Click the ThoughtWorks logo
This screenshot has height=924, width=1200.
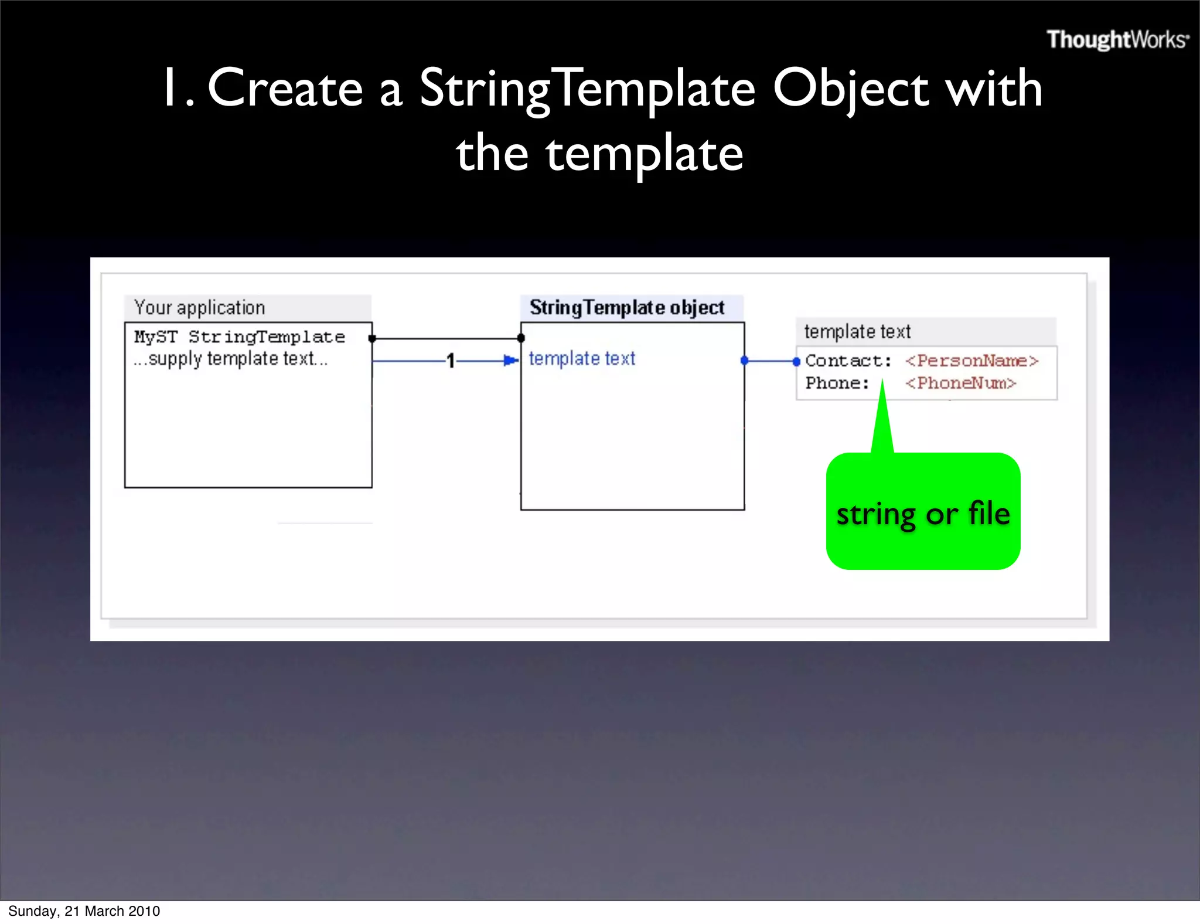(1117, 40)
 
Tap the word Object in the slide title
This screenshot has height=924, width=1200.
(850, 89)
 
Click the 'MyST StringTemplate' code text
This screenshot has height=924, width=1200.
(239, 337)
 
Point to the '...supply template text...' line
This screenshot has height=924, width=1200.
(230, 359)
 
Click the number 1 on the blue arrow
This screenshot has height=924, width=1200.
(450, 361)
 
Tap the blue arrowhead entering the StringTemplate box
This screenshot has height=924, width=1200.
(512, 360)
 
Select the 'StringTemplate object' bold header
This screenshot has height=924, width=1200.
(627, 307)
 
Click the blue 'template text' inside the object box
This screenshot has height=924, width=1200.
(582, 358)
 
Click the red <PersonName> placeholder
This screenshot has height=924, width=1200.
(971, 361)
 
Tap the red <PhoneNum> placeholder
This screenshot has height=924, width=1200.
(960, 383)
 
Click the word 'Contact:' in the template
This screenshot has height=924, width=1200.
(848, 361)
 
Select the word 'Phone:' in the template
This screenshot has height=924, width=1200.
(837, 383)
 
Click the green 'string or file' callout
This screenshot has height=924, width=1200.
(923, 513)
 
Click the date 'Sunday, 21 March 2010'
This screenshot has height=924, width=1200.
(84, 911)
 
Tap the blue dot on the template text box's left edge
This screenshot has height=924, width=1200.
(796, 362)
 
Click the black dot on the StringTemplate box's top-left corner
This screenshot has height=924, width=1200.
(521, 338)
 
